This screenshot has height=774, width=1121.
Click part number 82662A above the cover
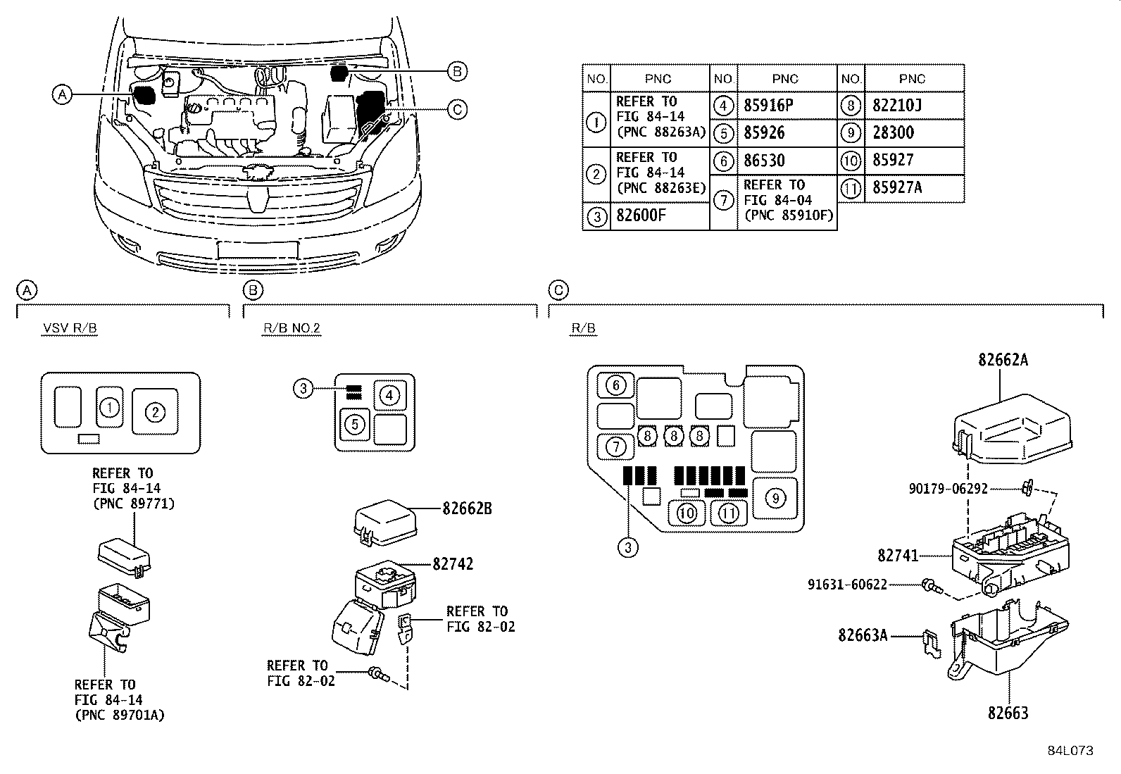1003,360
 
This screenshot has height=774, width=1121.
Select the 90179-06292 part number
947,489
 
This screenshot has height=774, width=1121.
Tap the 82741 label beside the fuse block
898,556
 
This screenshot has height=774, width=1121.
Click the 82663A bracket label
863,635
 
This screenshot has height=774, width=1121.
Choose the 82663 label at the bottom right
1008,713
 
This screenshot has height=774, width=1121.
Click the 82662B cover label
467,508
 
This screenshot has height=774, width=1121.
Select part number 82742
453,563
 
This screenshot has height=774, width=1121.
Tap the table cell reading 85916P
768,106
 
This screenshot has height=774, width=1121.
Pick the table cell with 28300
893,133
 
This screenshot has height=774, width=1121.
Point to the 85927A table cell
897,187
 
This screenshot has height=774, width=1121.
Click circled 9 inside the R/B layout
775,499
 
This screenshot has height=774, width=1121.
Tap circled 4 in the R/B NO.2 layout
389,396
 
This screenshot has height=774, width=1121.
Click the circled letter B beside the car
456,71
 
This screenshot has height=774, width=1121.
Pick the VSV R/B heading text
70,329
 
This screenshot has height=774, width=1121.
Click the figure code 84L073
1070,751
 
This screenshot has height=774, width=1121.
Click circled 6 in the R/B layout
615,385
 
